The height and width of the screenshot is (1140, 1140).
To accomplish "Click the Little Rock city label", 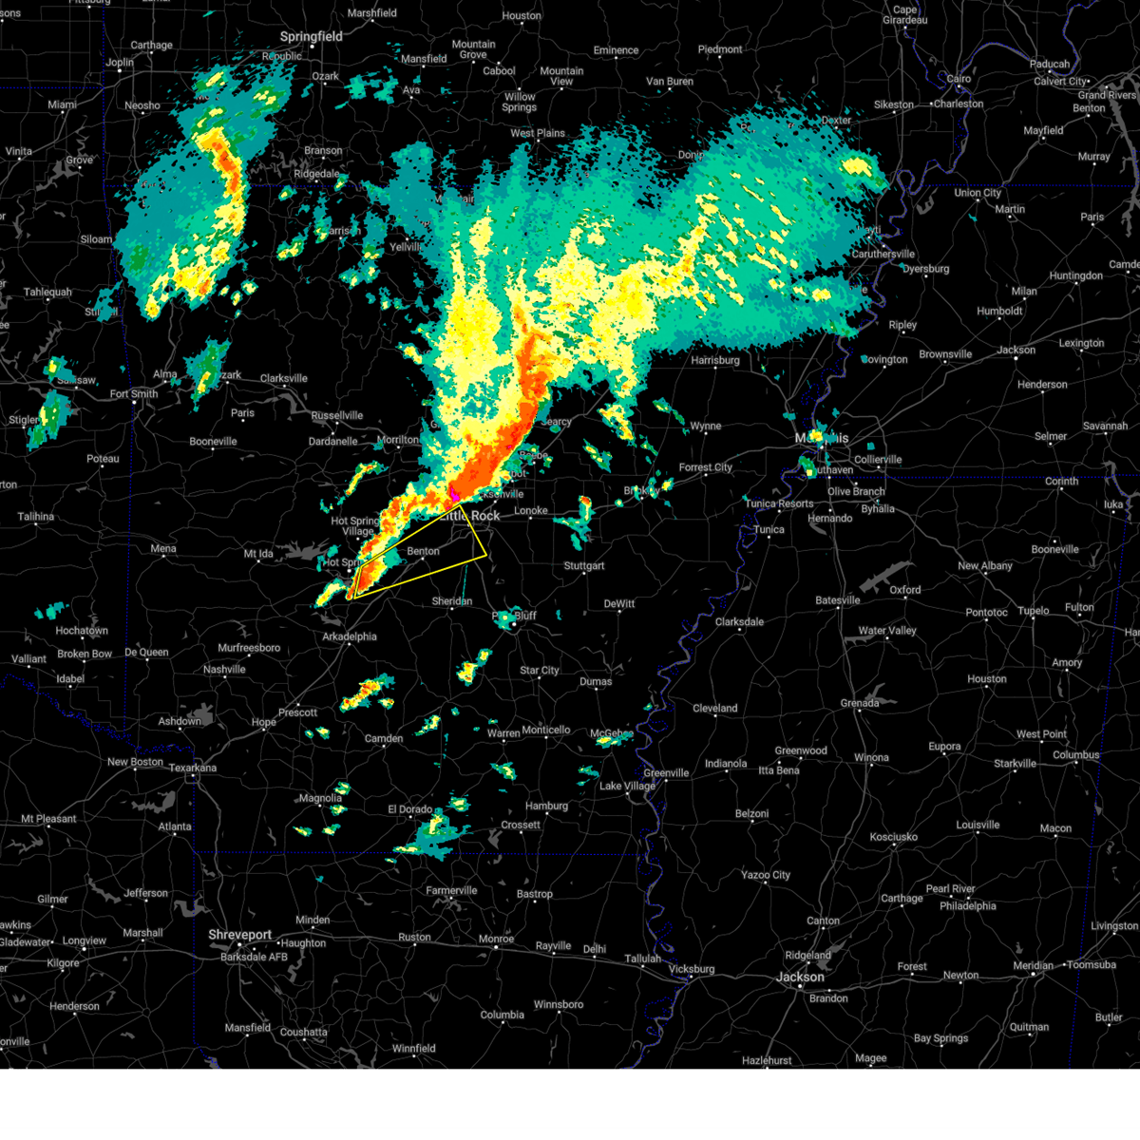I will [x=472, y=516].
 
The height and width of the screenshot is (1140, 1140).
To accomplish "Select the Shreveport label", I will [x=240, y=935].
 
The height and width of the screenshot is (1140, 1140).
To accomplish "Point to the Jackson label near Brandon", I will [x=800, y=977].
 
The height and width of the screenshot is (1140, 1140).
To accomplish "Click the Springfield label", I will [x=311, y=36].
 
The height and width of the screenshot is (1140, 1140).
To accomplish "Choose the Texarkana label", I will [x=193, y=768].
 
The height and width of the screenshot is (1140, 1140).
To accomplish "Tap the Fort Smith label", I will [x=134, y=394].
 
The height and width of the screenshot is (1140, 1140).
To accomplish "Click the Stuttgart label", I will [x=583, y=566].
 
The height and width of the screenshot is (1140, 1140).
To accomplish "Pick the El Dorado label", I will [x=409, y=809].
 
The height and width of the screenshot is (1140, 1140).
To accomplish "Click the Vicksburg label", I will [x=691, y=969].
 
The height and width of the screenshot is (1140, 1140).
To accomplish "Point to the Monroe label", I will [x=496, y=940].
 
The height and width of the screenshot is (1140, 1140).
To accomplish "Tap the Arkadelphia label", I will [x=349, y=636].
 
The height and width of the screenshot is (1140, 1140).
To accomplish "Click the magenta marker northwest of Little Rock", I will [x=454, y=495].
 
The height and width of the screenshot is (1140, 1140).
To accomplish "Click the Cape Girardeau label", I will [x=904, y=15].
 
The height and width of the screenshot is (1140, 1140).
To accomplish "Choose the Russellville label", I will [x=336, y=415].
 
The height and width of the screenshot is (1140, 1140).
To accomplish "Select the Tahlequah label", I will [x=47, y=293].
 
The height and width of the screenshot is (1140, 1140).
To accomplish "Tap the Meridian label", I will [x=1033, y=965].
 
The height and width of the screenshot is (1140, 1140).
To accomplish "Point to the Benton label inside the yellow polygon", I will [x=423, y=551].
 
